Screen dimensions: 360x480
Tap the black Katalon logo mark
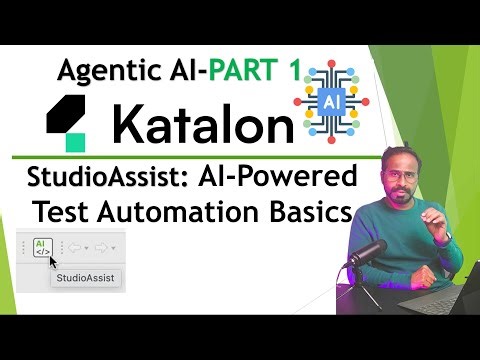(x=70, y=124)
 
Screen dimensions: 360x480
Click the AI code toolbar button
(x=41, y=246)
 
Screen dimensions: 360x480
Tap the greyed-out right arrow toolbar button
(x=103, y=247)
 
